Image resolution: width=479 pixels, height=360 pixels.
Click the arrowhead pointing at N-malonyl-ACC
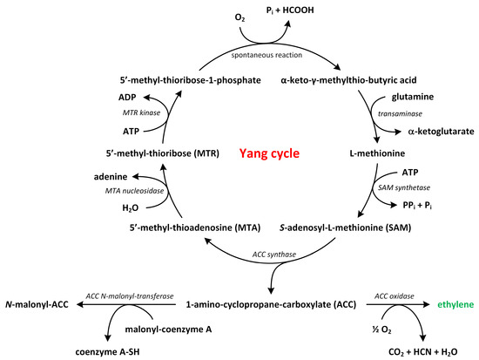point(76,305)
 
